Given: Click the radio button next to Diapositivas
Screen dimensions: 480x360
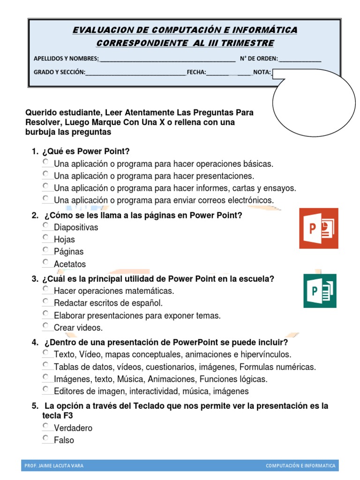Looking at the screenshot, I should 45,225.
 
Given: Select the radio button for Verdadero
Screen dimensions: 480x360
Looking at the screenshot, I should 45,426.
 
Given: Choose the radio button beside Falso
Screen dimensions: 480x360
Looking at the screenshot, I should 45,438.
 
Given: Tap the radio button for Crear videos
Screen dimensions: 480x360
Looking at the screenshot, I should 45,326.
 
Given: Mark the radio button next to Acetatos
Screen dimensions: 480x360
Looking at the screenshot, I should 45,262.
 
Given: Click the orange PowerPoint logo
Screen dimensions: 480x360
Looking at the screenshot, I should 318,228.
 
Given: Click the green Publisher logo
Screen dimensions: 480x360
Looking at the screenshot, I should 320,291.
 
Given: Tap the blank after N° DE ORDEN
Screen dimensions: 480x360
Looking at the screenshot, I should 300,59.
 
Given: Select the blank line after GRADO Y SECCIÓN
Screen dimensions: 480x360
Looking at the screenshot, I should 135,72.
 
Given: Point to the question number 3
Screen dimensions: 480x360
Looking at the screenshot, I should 35,279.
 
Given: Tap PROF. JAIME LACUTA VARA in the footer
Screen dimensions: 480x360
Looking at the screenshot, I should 54,465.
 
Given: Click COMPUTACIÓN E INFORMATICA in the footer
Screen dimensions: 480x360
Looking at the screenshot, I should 300,465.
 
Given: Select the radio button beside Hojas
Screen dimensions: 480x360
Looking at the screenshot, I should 45,238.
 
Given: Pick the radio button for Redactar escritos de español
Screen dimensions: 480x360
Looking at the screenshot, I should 45,301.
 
